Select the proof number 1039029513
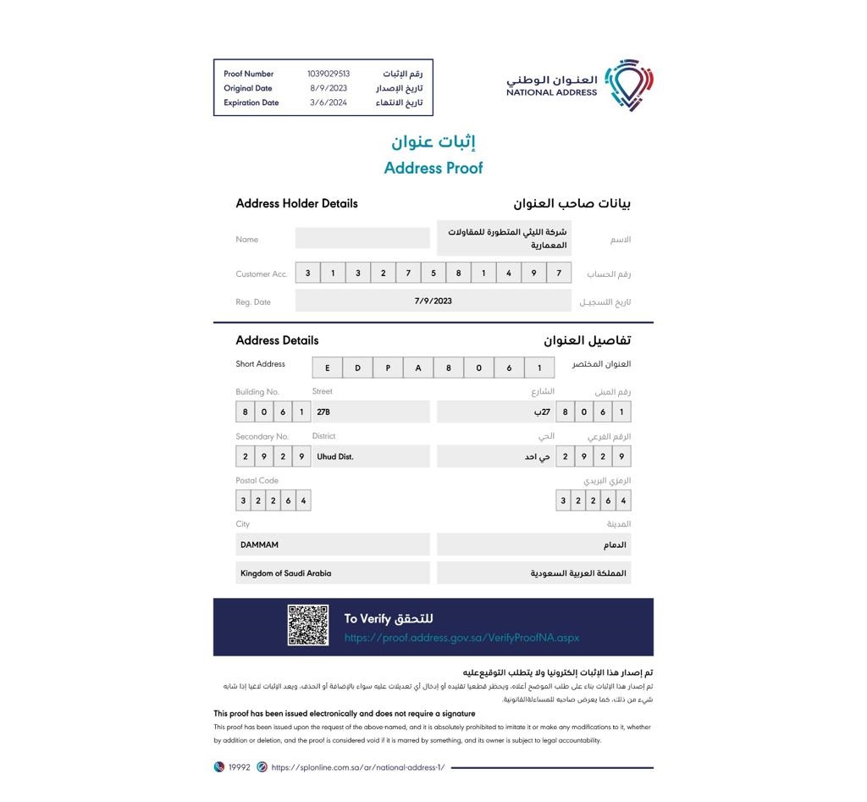tap(329, 74)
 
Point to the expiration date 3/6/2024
tap(329, 102)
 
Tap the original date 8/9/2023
tap(329, 88)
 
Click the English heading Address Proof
tap(433, 168)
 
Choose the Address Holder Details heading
tap(296, 203)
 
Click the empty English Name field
tap(362, 239)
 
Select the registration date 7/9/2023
tap(433, 301)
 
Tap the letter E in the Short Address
tap(328, 368)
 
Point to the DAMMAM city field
tap(334, 545)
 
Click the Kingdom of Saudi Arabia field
tap(334, 573)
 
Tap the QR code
tap(308, 626)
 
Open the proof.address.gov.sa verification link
tap(461, 638)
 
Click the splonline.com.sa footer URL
tap(357, 767)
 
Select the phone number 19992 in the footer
tap(240, 767)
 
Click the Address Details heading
tap(277, 340)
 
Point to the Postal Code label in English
tap(257, 480)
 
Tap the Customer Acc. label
tap(262, 274)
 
